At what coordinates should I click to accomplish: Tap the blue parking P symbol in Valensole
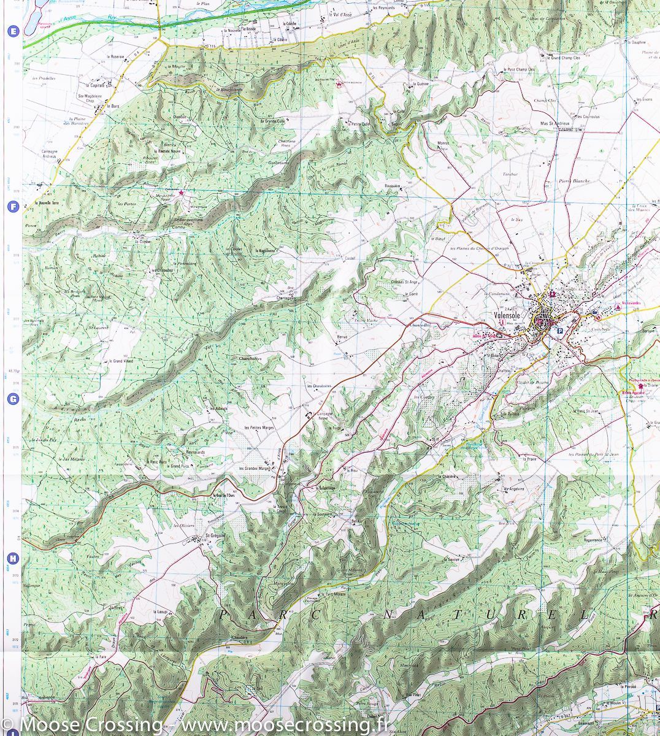[x=559, y=331]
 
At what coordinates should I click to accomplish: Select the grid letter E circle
[x=12, y=31]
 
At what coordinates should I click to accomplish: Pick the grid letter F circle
[x=12, y=207]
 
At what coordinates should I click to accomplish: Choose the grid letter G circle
[x=12, y=399]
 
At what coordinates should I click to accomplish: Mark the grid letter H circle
[x=12, y=559]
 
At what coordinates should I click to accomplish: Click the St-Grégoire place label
[x=216, y=535]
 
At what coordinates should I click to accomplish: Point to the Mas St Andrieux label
[x=555, y=123]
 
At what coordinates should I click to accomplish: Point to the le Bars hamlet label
[x=112, y=106]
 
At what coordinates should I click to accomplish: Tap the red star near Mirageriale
[x=181, y=193]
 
